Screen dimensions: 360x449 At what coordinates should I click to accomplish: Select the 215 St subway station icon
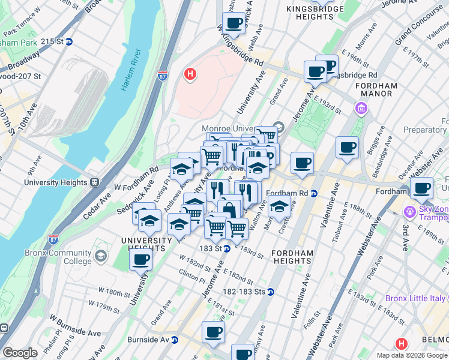pos(69,42)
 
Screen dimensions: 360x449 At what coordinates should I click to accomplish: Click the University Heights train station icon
pos(94,182)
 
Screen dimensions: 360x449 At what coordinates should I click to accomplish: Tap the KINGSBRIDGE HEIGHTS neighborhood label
pos(318,13)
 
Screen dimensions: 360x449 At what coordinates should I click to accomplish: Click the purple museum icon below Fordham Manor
pos(361,109)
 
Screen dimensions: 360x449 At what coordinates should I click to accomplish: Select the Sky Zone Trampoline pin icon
pos(411,212)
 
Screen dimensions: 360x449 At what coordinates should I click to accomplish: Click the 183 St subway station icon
pos(227,248)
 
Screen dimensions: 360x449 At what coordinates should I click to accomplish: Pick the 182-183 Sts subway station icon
pos(271,292)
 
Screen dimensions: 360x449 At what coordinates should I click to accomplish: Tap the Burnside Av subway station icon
pos(175,340)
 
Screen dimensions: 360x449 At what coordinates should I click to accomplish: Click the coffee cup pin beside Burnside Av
pos(213,332)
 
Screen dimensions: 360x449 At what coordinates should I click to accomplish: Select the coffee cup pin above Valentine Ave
pos(346,148)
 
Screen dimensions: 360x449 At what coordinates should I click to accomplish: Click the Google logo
pos(20,353)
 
